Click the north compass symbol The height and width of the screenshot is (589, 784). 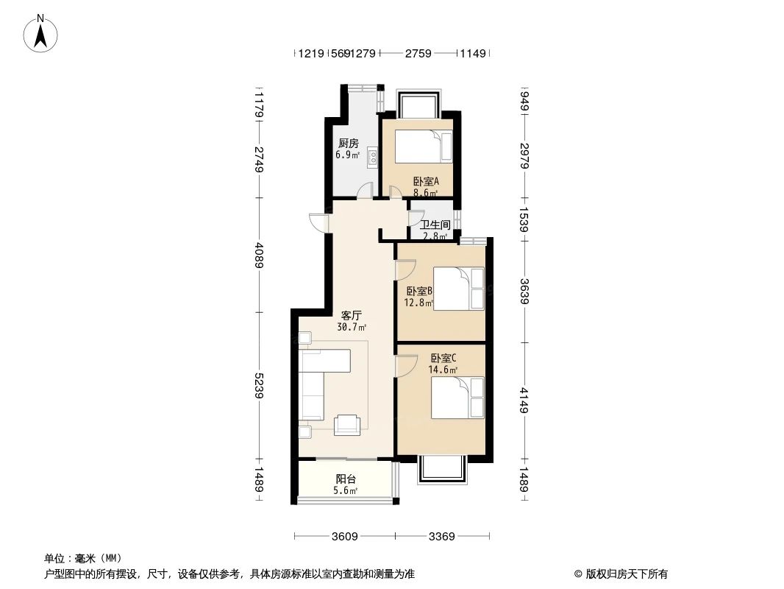coord(42,32)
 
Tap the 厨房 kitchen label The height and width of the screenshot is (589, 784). coord(348,144)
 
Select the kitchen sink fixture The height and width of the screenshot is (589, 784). coord(373,156)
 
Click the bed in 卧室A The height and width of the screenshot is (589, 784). coord(423,147)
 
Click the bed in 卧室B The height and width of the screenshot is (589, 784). coord(459,288)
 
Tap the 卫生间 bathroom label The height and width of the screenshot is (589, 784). coord(435,225)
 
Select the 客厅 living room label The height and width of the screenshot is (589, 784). coord(351,314)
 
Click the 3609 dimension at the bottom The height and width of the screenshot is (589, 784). coord(343,537)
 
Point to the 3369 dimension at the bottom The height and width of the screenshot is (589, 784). coord(441,537)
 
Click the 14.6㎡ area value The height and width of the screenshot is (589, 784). coord(443,370)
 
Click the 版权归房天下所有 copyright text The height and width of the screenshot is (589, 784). coord(621,574)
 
